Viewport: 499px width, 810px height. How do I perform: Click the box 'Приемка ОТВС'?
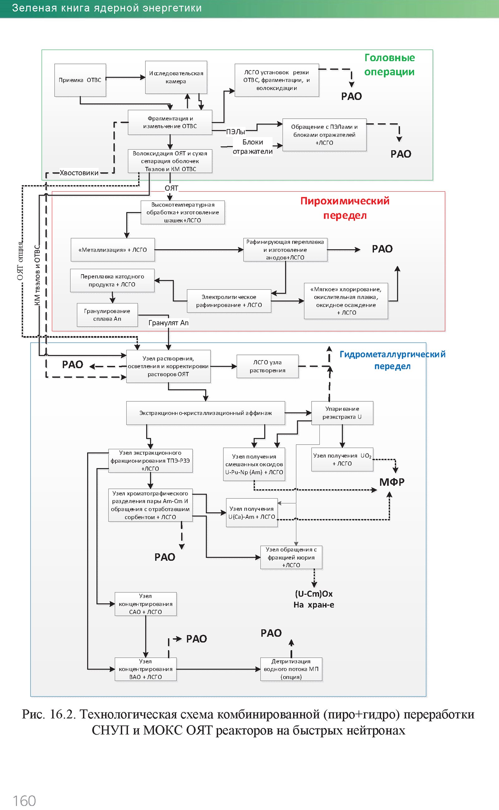tap(80, 80)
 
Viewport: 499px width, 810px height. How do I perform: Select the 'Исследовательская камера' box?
tap(176, 78)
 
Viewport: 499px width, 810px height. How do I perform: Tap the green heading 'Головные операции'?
tap(390, 64)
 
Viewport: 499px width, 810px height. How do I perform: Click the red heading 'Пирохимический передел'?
tap(345, 208)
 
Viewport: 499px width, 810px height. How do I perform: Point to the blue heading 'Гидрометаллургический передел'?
tap(392, 360)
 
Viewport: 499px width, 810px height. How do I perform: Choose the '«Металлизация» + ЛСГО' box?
tap(113, 250)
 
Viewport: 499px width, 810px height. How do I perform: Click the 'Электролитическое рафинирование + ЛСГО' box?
tap(229, 301)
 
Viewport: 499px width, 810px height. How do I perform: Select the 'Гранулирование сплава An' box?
tap(107, 315)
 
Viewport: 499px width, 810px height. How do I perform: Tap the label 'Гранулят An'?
tap(168, 323)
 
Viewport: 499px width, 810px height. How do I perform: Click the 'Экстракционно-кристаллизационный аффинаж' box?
tap(206, 413)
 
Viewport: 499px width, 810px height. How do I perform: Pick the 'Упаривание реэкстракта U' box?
tap(342, 413)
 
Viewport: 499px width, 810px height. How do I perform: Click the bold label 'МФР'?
tap(392, 482)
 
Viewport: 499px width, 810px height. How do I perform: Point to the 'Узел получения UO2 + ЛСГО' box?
tap(342, 460)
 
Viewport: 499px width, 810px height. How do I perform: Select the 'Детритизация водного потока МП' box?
tap(291, 669)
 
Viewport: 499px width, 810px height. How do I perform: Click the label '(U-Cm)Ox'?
tap(314, 594)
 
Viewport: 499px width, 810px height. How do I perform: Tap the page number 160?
tap(24, 800)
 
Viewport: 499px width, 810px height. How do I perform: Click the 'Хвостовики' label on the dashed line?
tap(79, 173)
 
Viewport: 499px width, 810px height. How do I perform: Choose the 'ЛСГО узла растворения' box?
tap(268, 366)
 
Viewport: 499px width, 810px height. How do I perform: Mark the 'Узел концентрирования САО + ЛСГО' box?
tap(146, 604)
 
